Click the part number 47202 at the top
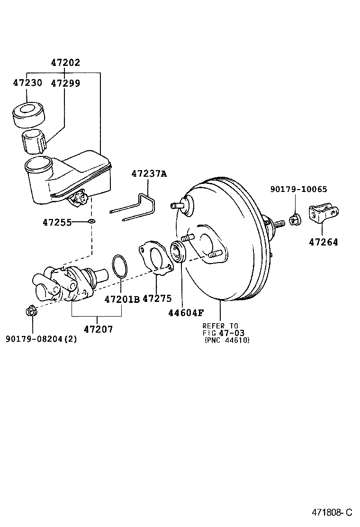click(65, 62)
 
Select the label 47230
click(27, 82)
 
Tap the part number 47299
click(65, 82)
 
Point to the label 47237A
click(149, 173)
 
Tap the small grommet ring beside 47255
click(91, 221)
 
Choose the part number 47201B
click(122, 299)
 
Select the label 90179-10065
click(298, 189)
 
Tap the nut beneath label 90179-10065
click(294, 219)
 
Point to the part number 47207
click(99, 328)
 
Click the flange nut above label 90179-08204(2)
click(31, 312)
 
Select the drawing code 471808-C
click(332, 512)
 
